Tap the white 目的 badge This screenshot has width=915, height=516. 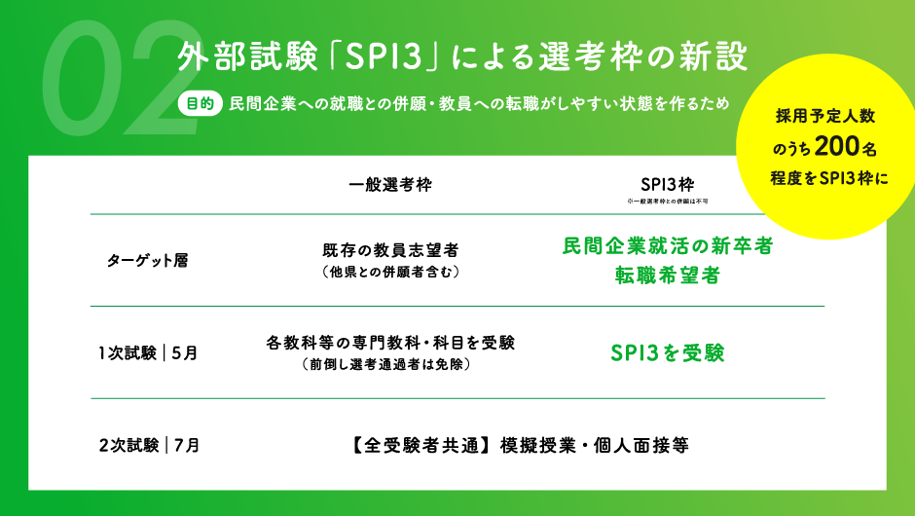tap(198, 104)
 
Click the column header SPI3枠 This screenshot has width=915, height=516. tap(667, 184)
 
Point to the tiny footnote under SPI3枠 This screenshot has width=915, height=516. tap(667, 201)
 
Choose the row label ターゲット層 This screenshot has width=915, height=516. tap(147, 260)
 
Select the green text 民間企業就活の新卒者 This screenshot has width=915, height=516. tap(668, 247)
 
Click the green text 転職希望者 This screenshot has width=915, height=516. tap(668, 276)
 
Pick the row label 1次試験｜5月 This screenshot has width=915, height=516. tap(148, 353)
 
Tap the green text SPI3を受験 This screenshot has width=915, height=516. tap(668, 352)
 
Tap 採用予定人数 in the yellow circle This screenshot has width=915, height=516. tap(825, 116)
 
